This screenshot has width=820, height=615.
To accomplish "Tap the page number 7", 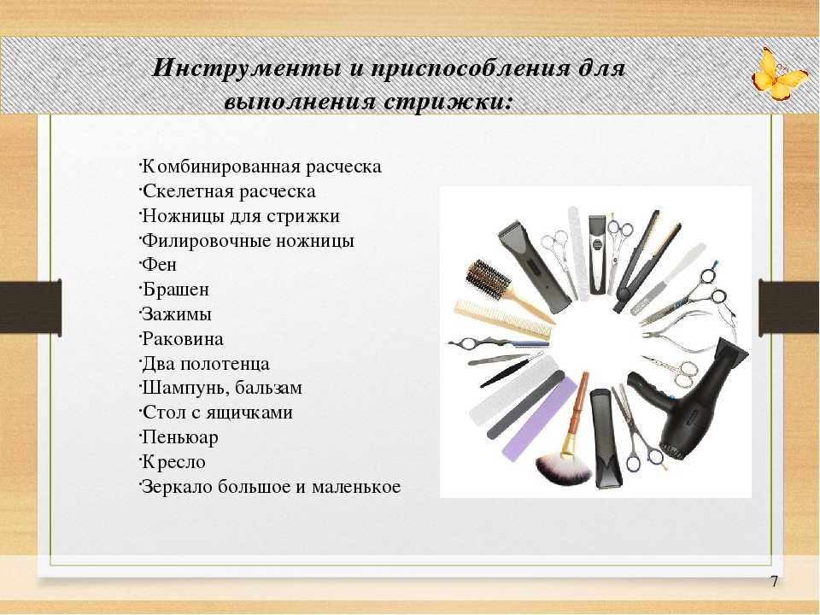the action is (x=775, y=581).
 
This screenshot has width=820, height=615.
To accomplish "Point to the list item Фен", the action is (x=160, y=264).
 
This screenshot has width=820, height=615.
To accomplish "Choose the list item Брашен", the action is (x=176, y=290).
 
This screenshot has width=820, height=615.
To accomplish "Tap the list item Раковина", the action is (x=183, y=338).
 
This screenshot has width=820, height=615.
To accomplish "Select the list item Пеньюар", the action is (x=180, y=437).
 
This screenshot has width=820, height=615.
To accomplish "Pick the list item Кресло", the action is (x=174, y=462).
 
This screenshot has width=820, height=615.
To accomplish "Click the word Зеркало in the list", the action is (x=178, y=486).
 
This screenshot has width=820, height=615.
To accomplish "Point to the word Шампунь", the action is (x=185, y=388).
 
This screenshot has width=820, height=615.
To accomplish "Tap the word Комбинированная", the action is (x=221, y=167).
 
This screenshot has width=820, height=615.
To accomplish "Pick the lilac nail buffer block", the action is (x=539, y=419).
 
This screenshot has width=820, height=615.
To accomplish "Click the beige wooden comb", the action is (x=502, y=319).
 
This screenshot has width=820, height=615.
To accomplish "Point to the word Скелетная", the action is (x=189, y=190).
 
